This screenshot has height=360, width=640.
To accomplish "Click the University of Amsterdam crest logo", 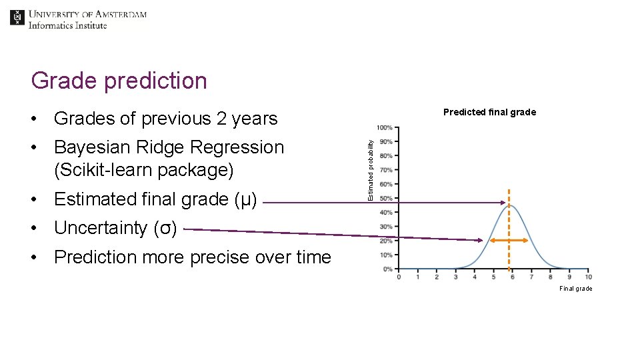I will point(17,18).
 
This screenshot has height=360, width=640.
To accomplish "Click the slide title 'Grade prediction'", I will point(119,81).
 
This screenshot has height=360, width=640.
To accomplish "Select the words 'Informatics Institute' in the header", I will point(67,25).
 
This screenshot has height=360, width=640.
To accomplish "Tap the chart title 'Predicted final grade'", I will point(489,112).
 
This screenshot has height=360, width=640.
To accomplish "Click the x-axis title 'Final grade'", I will point(575,289).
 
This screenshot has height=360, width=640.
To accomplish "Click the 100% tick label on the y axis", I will point(385,127).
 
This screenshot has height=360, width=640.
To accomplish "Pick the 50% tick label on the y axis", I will point(386,199).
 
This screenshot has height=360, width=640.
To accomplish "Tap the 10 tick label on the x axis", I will point(588,277).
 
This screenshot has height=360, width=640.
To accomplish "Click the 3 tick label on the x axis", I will point(455,277).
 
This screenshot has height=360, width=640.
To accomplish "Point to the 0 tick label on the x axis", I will point(399,277).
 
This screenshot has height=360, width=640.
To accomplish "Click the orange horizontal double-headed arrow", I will point(509,240).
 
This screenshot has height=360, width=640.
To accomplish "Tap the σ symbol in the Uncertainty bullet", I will point(165,228).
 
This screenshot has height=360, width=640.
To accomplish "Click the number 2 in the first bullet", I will point(222,119).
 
